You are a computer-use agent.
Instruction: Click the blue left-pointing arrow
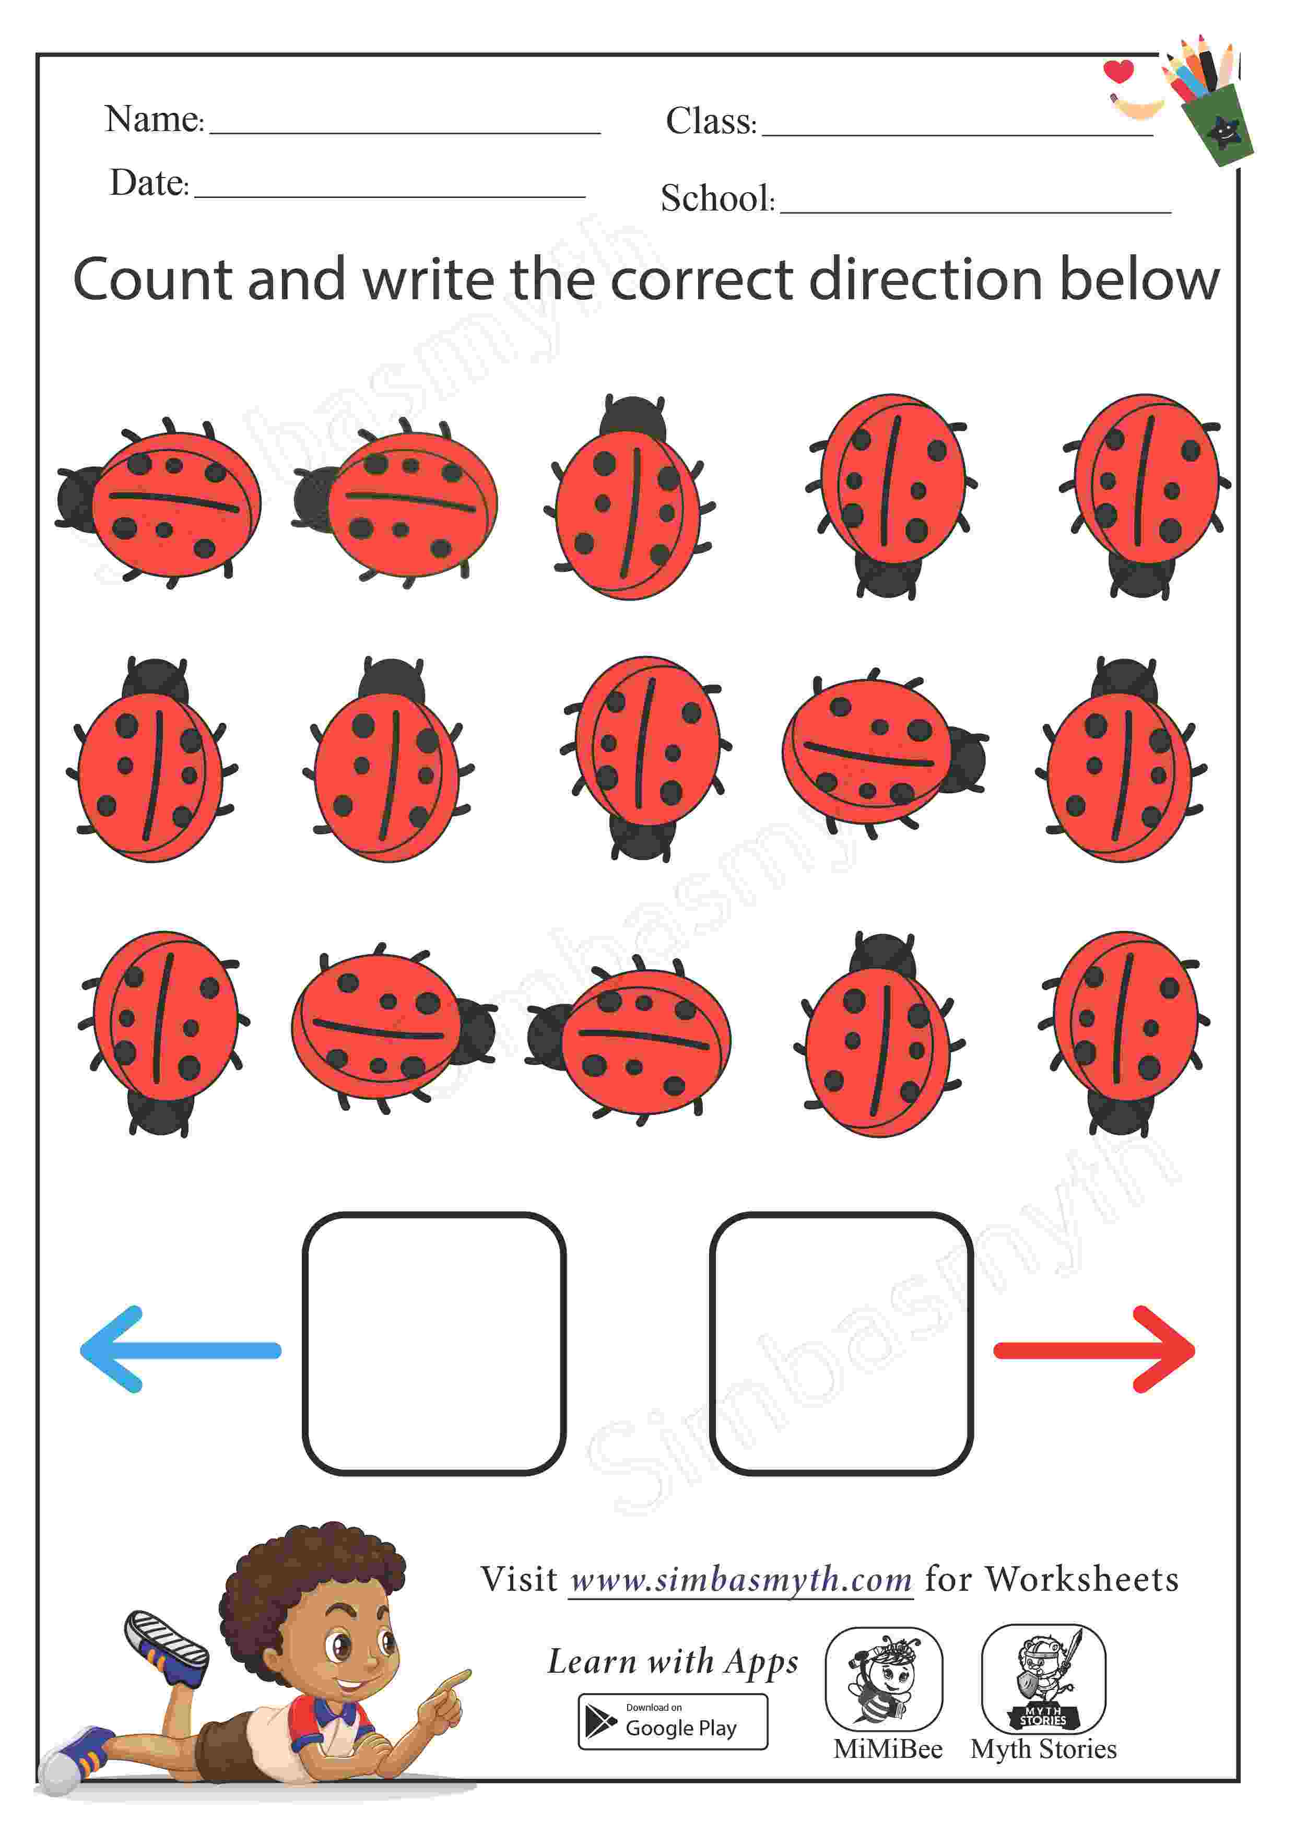[x=180, y=1350]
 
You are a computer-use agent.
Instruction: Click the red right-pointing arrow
[x=1094, y=1350]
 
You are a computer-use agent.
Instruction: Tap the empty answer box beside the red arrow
[x=841, y=1344]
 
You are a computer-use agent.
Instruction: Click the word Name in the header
[x=153, y=120]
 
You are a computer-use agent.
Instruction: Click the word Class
[x=711, y=121]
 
